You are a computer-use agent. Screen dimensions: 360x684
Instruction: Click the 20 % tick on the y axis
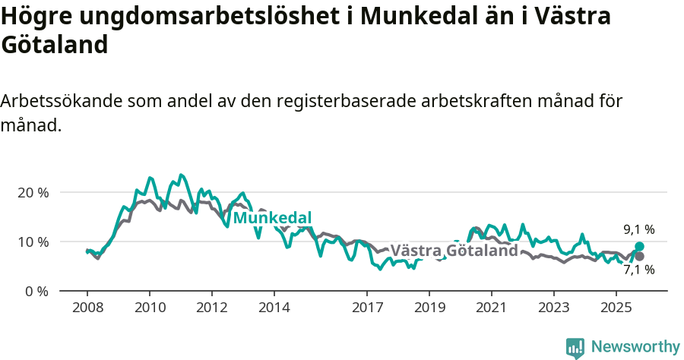[x=33, y=192]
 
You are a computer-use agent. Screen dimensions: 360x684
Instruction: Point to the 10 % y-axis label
[x=33, y=242]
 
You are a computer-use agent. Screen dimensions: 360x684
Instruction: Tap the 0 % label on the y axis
[x=36, y=291]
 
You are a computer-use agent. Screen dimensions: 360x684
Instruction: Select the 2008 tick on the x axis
[x=87, y=308]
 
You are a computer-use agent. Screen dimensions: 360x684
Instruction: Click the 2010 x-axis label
[x=150, y=308]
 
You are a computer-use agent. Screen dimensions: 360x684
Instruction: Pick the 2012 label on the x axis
[x=212, y=308]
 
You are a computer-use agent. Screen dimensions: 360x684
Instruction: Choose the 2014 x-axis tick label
[x=274, y=308]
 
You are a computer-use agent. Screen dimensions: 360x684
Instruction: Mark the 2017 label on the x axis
[x=367, y=308]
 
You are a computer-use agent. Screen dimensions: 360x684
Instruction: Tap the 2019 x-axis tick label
[x=429, y=308]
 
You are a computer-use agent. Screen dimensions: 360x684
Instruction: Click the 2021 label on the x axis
[x=491, y=308]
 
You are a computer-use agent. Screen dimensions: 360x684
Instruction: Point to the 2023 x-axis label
[x=553, y=308]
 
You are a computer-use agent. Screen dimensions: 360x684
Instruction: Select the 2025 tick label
[x=616, y=308]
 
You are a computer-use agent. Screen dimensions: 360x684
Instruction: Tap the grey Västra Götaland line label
[x=454, y=251]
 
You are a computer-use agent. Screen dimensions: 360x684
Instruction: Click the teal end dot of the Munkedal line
[x=639, y=246]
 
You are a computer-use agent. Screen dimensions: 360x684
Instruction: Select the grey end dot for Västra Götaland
[x=639, y=256]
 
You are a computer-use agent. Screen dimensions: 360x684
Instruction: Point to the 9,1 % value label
[x=638, y=229]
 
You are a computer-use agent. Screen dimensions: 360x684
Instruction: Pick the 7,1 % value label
[x=638, y=270]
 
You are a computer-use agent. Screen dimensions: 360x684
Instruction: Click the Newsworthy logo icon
[x=575, y=347]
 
